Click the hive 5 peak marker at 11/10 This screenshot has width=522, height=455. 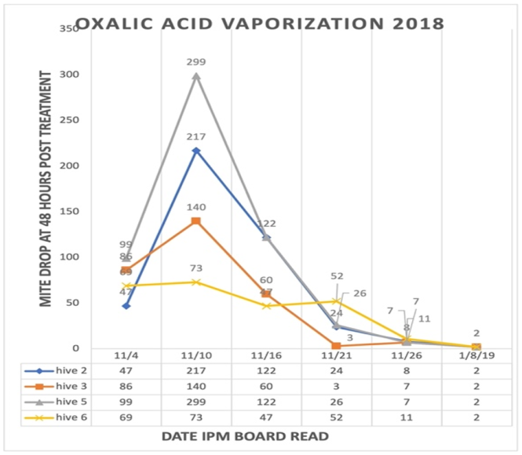196,76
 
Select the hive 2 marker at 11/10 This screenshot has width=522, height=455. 196,151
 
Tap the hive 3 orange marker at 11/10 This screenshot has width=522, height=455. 196,220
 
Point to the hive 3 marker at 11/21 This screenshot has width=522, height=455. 336,345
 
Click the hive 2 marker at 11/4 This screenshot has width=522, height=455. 126,305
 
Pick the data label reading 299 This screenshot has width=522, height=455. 196,62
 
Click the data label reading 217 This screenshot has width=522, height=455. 196,136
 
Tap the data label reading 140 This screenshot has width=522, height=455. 196,207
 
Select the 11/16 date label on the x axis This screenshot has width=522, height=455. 266,355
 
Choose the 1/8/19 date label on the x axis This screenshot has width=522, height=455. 476,355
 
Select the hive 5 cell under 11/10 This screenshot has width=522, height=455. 196,400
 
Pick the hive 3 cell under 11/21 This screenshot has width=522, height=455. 336,384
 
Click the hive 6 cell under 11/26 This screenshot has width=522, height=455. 406,416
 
